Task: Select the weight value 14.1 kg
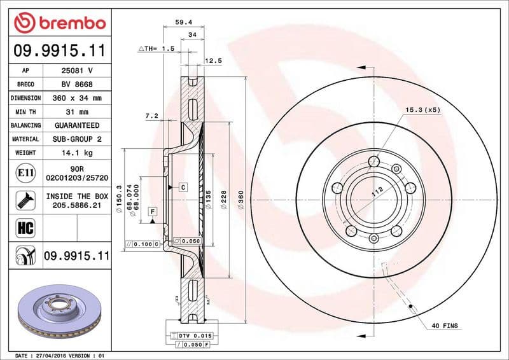pyautogui.click(x=77, y=153)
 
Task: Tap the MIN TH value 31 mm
pyautogui.click(x=77, y=112)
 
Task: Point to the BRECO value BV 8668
pyautogui.click(x=77, y=84)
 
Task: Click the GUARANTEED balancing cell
pyautogui.click(x=77, y=125)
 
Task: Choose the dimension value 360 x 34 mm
pyautogui.click(x=77, y=98)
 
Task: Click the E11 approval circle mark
pyautogui.click(x=25, y=173)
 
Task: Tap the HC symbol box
pyautogui.click(x=25, y=228)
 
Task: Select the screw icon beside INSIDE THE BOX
pyautogui.click(x=25, y=200)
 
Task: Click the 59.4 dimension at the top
pyautogui.click(x=184, y=22)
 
